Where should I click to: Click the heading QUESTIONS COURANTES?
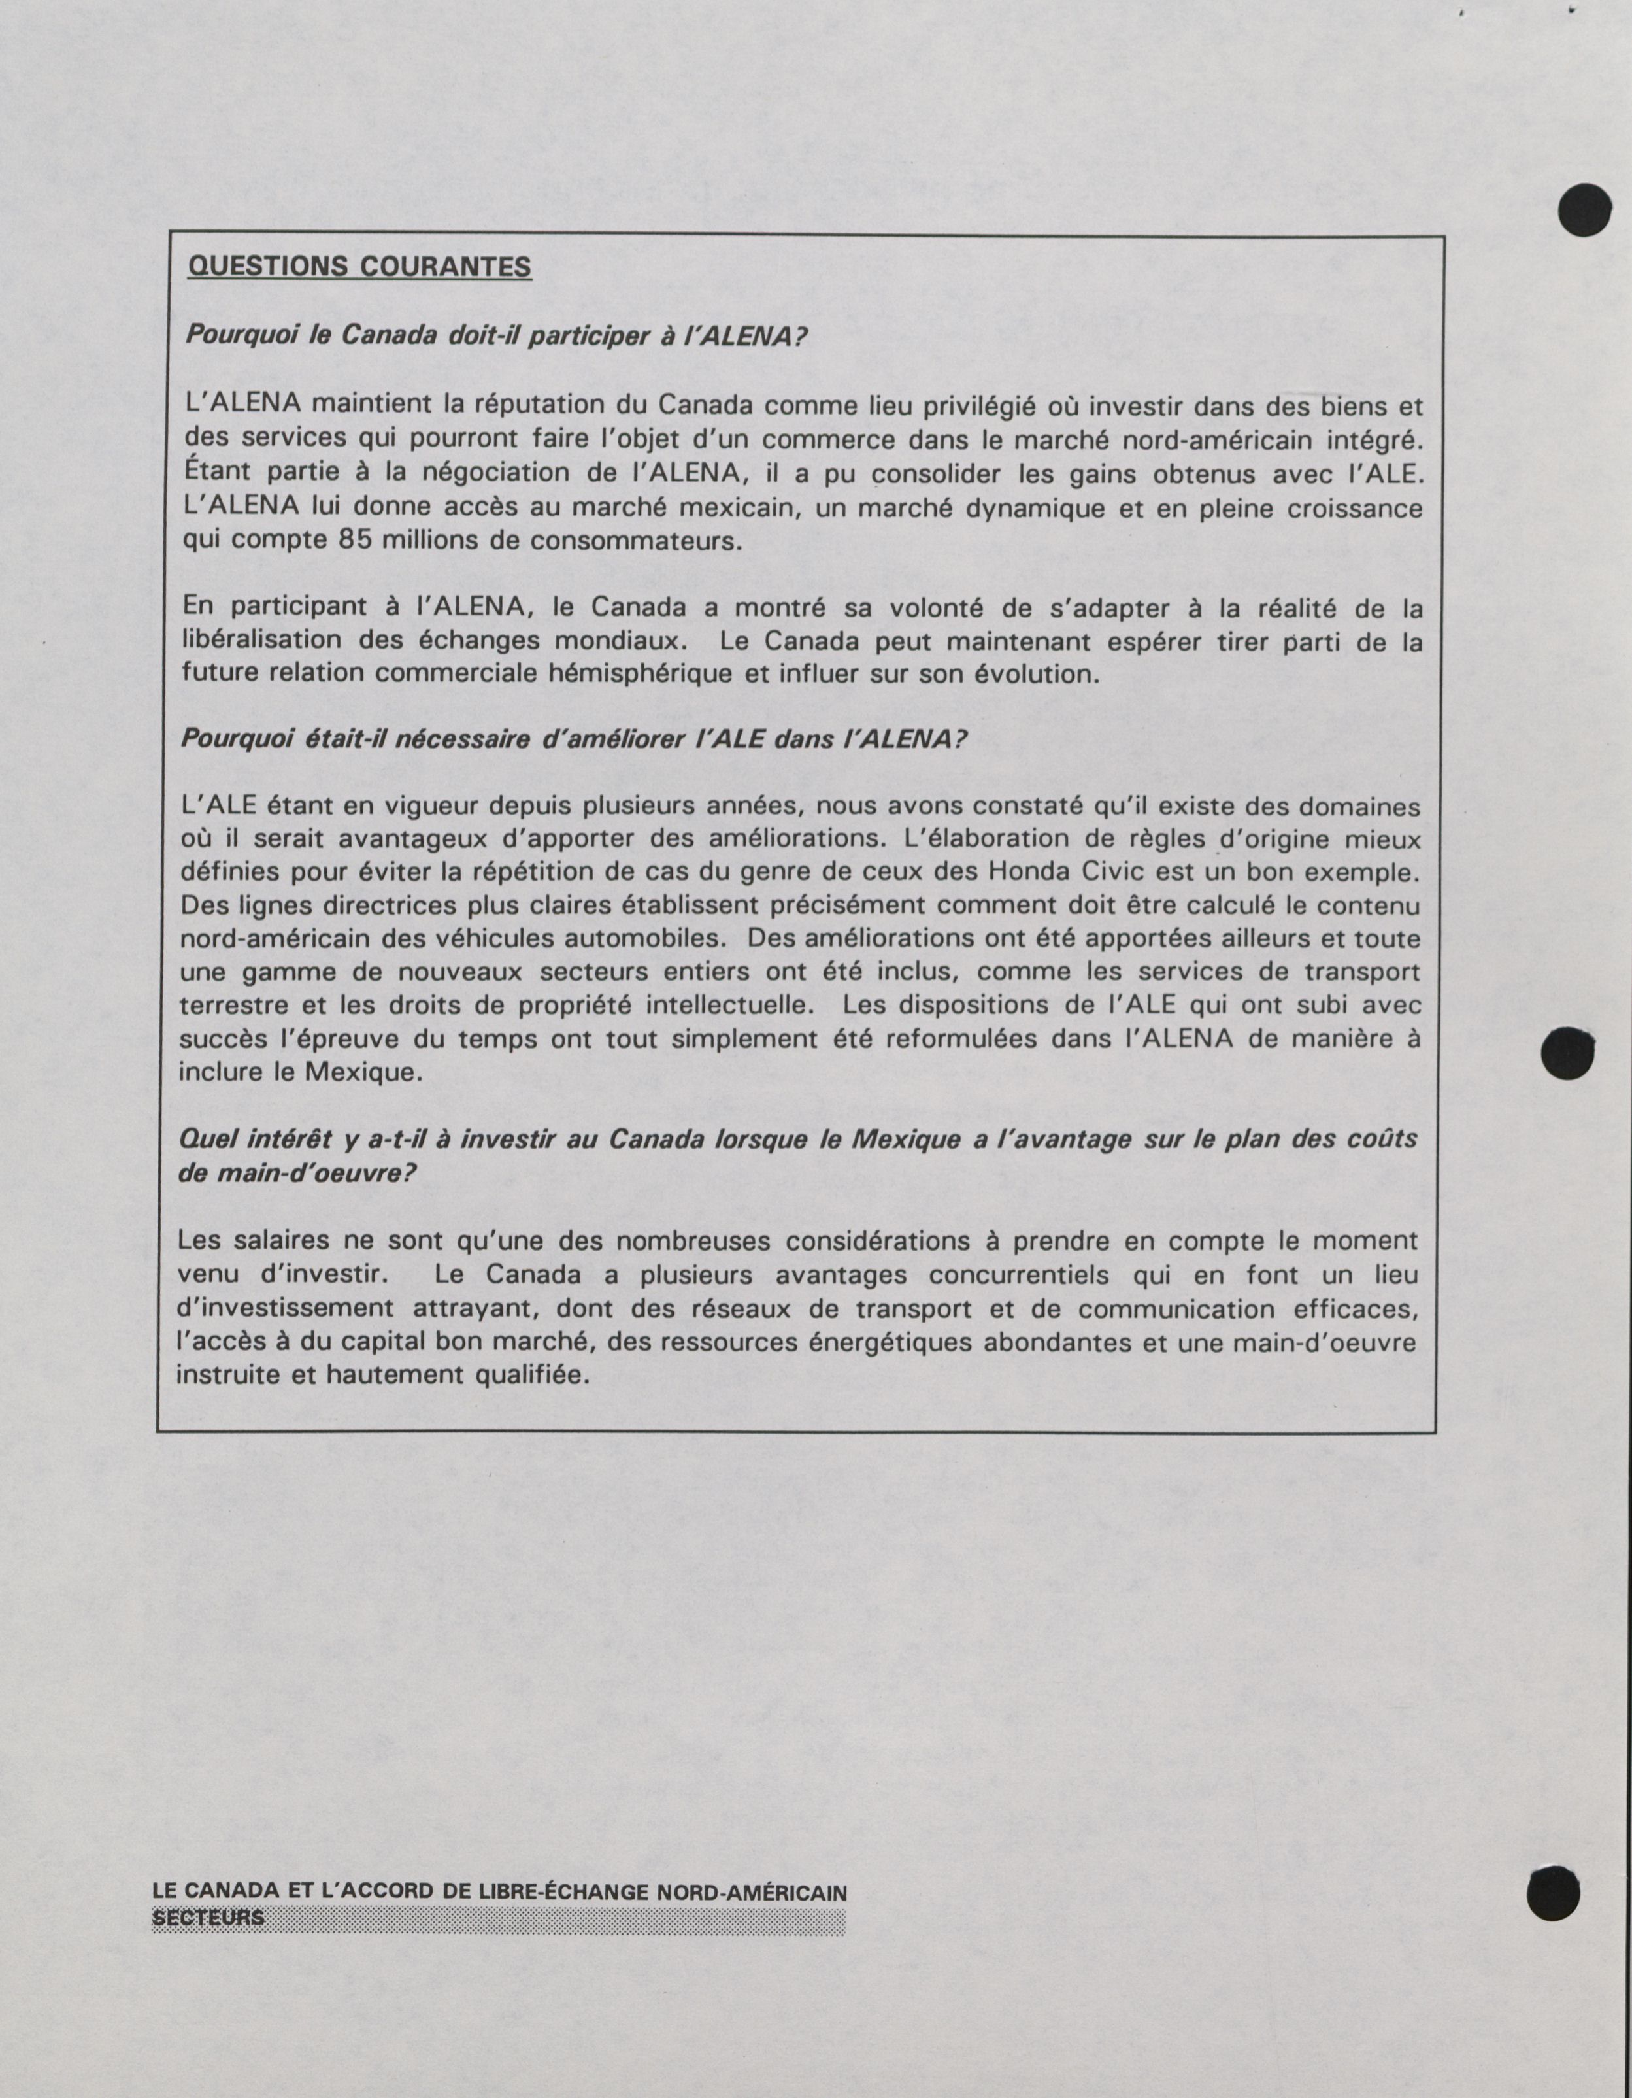359,266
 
